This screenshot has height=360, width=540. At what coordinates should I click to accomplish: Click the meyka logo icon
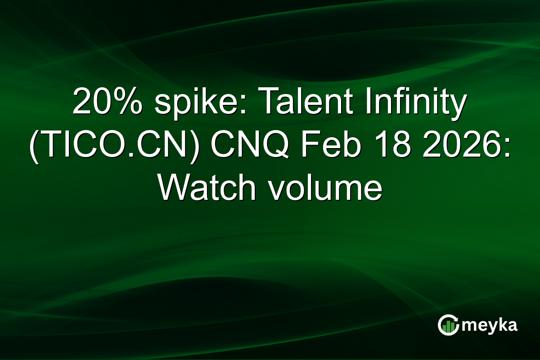(448, 325)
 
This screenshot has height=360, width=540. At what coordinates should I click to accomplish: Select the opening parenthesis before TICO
(33, 148)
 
